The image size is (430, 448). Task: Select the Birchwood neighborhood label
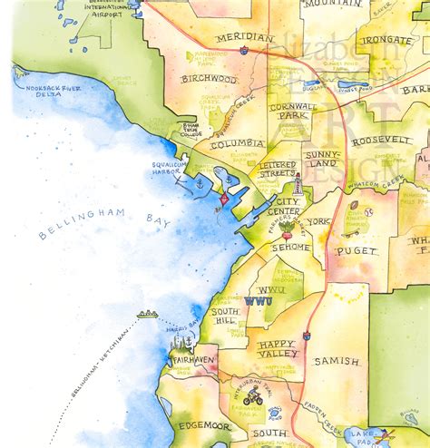point(209,79)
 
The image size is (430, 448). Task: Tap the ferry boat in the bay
point(147,314)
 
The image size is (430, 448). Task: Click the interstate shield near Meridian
point(245,51)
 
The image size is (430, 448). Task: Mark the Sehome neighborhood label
point(290,247)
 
